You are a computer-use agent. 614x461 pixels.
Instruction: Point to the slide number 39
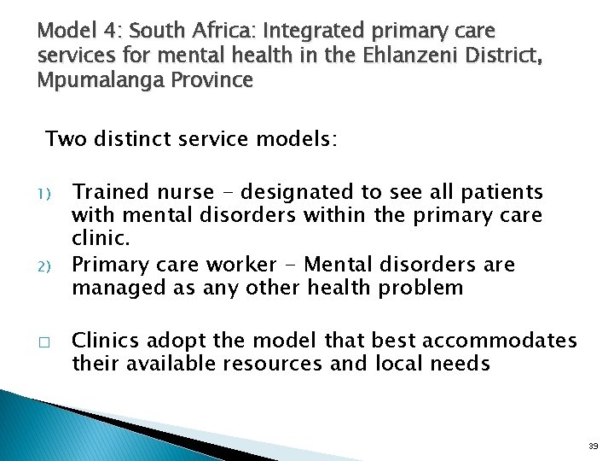[593, 446]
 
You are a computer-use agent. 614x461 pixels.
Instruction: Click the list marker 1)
[46, 194]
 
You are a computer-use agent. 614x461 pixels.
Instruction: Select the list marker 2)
[46, 266]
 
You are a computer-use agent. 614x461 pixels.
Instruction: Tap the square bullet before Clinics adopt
[46, 340]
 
